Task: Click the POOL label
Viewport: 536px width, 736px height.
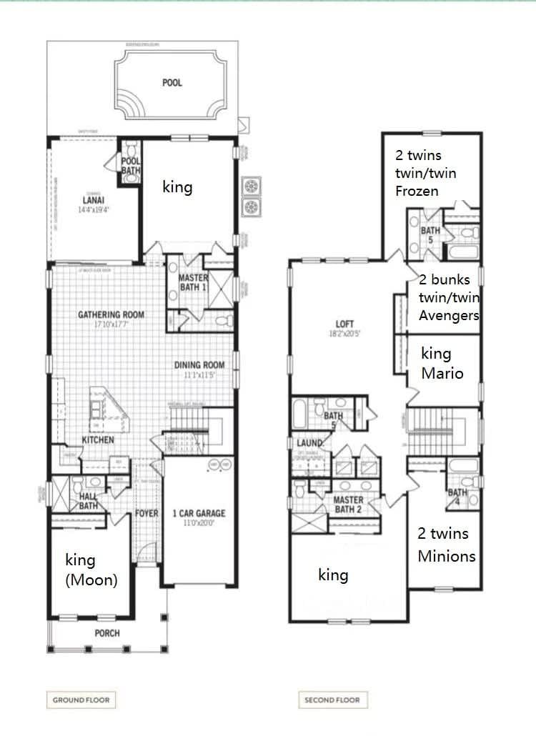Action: point(172,83)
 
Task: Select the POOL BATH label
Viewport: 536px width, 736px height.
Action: point(131,166)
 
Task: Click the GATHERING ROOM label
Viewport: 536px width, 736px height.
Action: point(111,314)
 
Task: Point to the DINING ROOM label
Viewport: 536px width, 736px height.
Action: point(199,365)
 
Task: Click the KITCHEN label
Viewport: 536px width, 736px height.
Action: point(97,439)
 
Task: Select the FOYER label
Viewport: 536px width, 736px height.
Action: point(147,513)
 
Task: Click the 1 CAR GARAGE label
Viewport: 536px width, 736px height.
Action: point(199,513)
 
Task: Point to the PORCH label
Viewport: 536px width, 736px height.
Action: point(107,633)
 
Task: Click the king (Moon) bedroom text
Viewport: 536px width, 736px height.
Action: point(91,570)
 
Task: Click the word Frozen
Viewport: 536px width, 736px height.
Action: point(417,191)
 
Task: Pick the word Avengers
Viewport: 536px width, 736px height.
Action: point(449,315)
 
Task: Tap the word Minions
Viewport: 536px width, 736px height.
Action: point(447,555)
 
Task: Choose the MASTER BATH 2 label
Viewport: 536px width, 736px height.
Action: point(348,504)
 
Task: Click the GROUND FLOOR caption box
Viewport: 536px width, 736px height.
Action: point(81,700)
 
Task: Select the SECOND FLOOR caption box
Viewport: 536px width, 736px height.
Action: point(332,700)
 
